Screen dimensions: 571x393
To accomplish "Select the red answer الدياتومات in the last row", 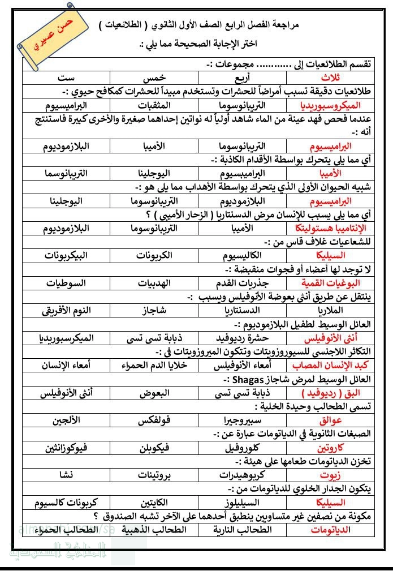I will (x=329, y=530).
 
